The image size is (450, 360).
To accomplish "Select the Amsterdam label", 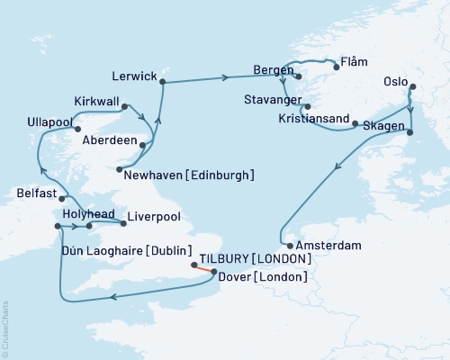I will click(328, 245).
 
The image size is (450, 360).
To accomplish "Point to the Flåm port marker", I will click(337, 65).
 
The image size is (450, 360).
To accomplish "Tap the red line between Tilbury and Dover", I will click(204, 267).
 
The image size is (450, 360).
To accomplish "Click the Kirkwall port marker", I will click(123, 105).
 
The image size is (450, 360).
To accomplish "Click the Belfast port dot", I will click(63, 197).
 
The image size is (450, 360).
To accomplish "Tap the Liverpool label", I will click(154, 217).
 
